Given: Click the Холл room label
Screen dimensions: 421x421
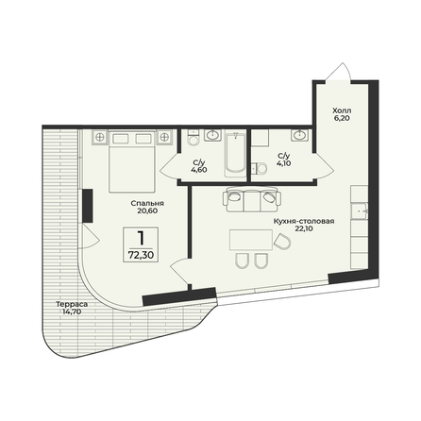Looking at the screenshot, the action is [x=342, y=110].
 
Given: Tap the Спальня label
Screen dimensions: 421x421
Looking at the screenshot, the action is [x=147, y=203].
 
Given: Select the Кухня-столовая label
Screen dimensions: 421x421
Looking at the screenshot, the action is [x=304, y=222].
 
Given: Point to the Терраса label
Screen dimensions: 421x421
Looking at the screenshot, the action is [x=72, y=304].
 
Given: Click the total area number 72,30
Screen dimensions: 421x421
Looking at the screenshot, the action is [x=141, y=255].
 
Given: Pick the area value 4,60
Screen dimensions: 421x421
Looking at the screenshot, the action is [x=199, y=170].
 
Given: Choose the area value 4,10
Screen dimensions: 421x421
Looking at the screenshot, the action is [x=283, y=163].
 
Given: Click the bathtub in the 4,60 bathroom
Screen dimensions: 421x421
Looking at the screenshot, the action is [x=235, y=154].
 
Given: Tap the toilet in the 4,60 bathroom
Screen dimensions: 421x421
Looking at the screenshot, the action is [x=193, y=138].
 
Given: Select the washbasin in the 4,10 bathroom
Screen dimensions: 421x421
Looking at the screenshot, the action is [x=300, y=135].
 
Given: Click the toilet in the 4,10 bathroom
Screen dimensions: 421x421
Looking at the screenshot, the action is [x=260, y=168].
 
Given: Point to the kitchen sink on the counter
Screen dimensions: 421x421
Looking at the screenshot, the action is [x=360, y=210].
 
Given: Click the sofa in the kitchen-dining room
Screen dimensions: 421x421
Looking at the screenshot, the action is [x=251, y=199].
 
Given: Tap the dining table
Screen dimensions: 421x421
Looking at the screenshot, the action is [x=251, y=240].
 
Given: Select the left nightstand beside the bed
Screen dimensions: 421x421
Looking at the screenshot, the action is [x=100, y=137].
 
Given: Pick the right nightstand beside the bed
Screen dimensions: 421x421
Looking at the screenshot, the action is [x=164, y=137].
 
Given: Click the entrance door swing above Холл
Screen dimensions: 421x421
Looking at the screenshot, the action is [x=339, y=72].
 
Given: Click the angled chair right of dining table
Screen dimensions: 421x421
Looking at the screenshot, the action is [x=282, y=242].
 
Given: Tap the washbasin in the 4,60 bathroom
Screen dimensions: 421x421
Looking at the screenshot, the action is [x=213, y=135].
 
